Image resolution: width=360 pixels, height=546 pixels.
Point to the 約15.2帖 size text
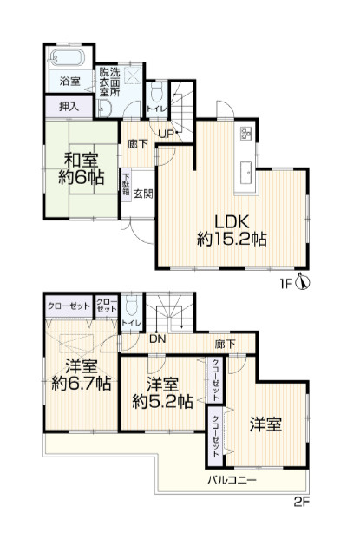tap(231, 239)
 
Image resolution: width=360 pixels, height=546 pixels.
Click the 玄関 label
tap(144, 194)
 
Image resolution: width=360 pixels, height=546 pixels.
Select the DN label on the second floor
tap(157, 339)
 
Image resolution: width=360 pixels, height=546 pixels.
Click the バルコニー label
tap(231, 478)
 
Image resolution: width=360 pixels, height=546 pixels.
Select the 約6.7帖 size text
tap(79, 383)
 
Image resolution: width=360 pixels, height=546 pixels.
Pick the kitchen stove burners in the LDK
tap(245, 134)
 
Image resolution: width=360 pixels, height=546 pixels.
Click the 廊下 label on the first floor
tap(137, 144)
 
